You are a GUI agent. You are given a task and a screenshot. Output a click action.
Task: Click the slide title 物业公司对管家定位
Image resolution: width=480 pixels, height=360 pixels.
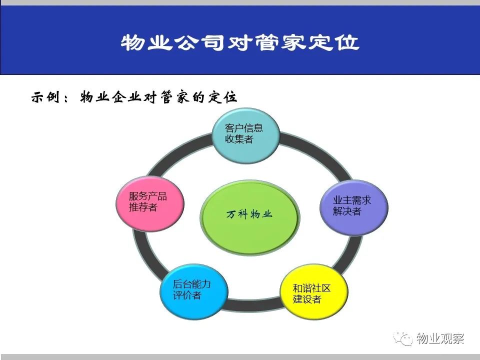240,42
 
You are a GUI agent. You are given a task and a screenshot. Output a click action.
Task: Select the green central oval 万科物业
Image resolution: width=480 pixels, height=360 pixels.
250,217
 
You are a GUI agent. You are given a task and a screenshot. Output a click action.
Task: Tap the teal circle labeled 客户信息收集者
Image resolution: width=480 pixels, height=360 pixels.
246,135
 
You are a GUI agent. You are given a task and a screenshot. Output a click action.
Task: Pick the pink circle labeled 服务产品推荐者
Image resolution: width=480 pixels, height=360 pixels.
150,203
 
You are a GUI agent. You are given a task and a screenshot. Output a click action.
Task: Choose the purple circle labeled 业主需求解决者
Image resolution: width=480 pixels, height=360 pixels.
354,207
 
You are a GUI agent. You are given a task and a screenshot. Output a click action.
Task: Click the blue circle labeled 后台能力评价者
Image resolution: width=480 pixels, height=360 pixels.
194,291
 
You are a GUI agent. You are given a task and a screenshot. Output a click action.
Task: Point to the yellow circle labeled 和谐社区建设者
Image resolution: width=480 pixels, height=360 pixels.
314,291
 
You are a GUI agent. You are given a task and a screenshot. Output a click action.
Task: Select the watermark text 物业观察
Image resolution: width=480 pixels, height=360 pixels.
440,338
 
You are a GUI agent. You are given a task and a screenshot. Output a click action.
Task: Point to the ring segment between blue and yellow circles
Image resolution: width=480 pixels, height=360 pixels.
254,304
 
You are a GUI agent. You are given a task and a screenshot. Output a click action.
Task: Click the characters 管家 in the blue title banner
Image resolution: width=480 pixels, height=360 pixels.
279,42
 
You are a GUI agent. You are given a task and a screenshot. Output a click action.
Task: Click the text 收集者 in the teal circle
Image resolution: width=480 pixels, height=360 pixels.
239,139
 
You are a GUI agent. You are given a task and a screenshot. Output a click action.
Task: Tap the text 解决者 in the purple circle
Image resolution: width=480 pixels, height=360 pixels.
347,211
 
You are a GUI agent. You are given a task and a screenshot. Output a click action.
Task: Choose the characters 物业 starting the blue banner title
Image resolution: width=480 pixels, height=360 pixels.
146,42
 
